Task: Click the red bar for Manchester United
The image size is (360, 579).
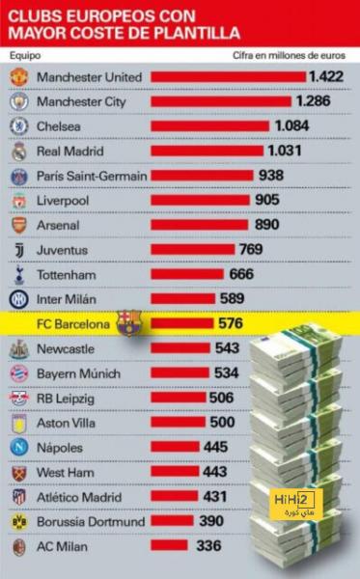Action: (x=228, y=77)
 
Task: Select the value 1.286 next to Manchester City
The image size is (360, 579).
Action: (x=314, y=101)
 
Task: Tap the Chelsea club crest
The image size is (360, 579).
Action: (x=19, y=126)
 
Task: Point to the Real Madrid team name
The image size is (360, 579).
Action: (x=70, y=152)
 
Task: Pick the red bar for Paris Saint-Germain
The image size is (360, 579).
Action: (x=202, y=176)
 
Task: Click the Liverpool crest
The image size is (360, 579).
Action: (x=19, y=201)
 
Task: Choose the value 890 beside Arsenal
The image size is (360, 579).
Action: (x=267, y=225)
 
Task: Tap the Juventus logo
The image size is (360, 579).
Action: (x=19, y=250)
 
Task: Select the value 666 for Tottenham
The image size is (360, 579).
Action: (x=241, y=274)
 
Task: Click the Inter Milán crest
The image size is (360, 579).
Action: (x=19, y=299)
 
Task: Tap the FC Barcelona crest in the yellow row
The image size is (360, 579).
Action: (x=129, y=323)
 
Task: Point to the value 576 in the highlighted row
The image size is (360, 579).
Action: (x=231, y=323)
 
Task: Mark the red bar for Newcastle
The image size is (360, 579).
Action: (x=180, y=347)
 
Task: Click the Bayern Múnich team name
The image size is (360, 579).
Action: (x=78, y=373)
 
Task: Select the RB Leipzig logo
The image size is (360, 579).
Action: (x=19, y=399)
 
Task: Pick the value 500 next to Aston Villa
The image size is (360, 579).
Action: (x=222, y=422)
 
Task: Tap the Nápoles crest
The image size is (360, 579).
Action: (x=19, y=448)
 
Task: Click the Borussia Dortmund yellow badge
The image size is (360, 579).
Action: (x=19, y=522)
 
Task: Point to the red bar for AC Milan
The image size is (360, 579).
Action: (x=169, y=545)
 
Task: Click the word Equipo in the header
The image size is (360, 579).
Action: (x=25, y=56)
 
